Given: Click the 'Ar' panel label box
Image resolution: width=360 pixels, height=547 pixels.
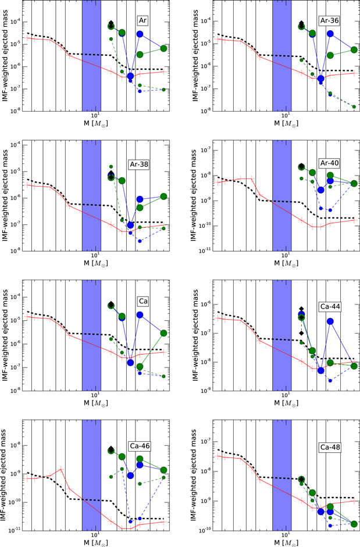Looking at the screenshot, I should [x=142, y=20].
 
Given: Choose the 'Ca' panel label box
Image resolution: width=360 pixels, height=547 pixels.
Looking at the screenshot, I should [x=142, y=301].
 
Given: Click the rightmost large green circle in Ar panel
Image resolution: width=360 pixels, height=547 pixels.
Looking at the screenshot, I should [x=164, y=48].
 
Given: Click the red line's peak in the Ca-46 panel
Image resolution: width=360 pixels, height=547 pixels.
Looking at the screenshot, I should [x=60, y=469].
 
